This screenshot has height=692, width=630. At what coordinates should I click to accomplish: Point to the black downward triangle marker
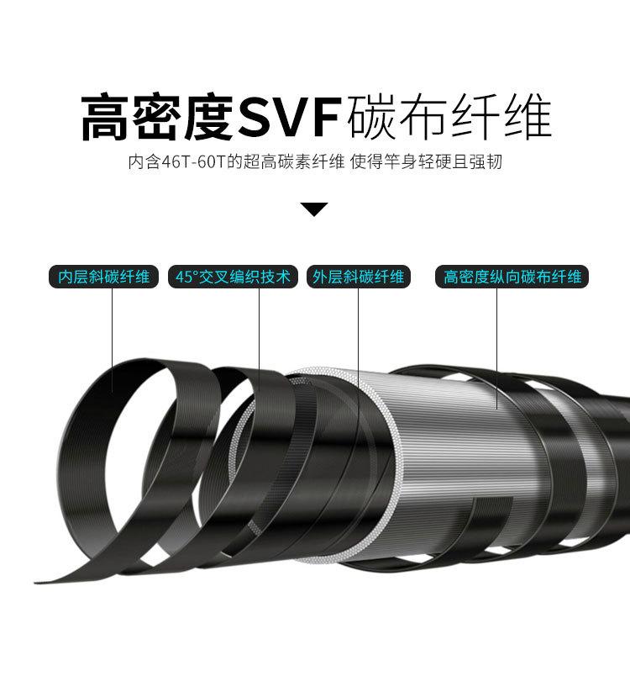314,209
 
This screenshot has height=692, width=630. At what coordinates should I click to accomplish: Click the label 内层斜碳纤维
103,277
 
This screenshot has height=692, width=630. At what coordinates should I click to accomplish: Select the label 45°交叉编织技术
234,277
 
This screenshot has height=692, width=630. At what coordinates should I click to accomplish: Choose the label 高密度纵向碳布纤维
512,277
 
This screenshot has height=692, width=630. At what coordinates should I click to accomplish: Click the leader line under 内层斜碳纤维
115,336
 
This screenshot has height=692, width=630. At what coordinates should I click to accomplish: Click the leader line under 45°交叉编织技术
259,336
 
